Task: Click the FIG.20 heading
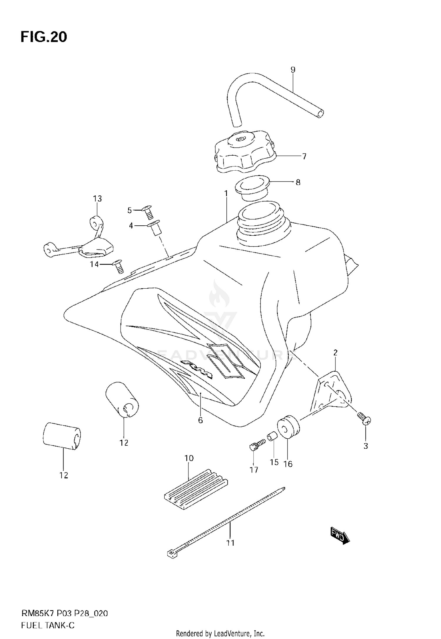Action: point(44,37)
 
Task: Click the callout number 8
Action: point(298,182)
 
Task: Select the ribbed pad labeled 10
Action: point(196,490)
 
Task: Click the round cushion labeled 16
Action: point(288,427)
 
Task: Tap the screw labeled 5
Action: point(147,212)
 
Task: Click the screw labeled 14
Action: point(119,266)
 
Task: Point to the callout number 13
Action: point(97,199)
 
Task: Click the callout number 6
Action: point(200,420)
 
